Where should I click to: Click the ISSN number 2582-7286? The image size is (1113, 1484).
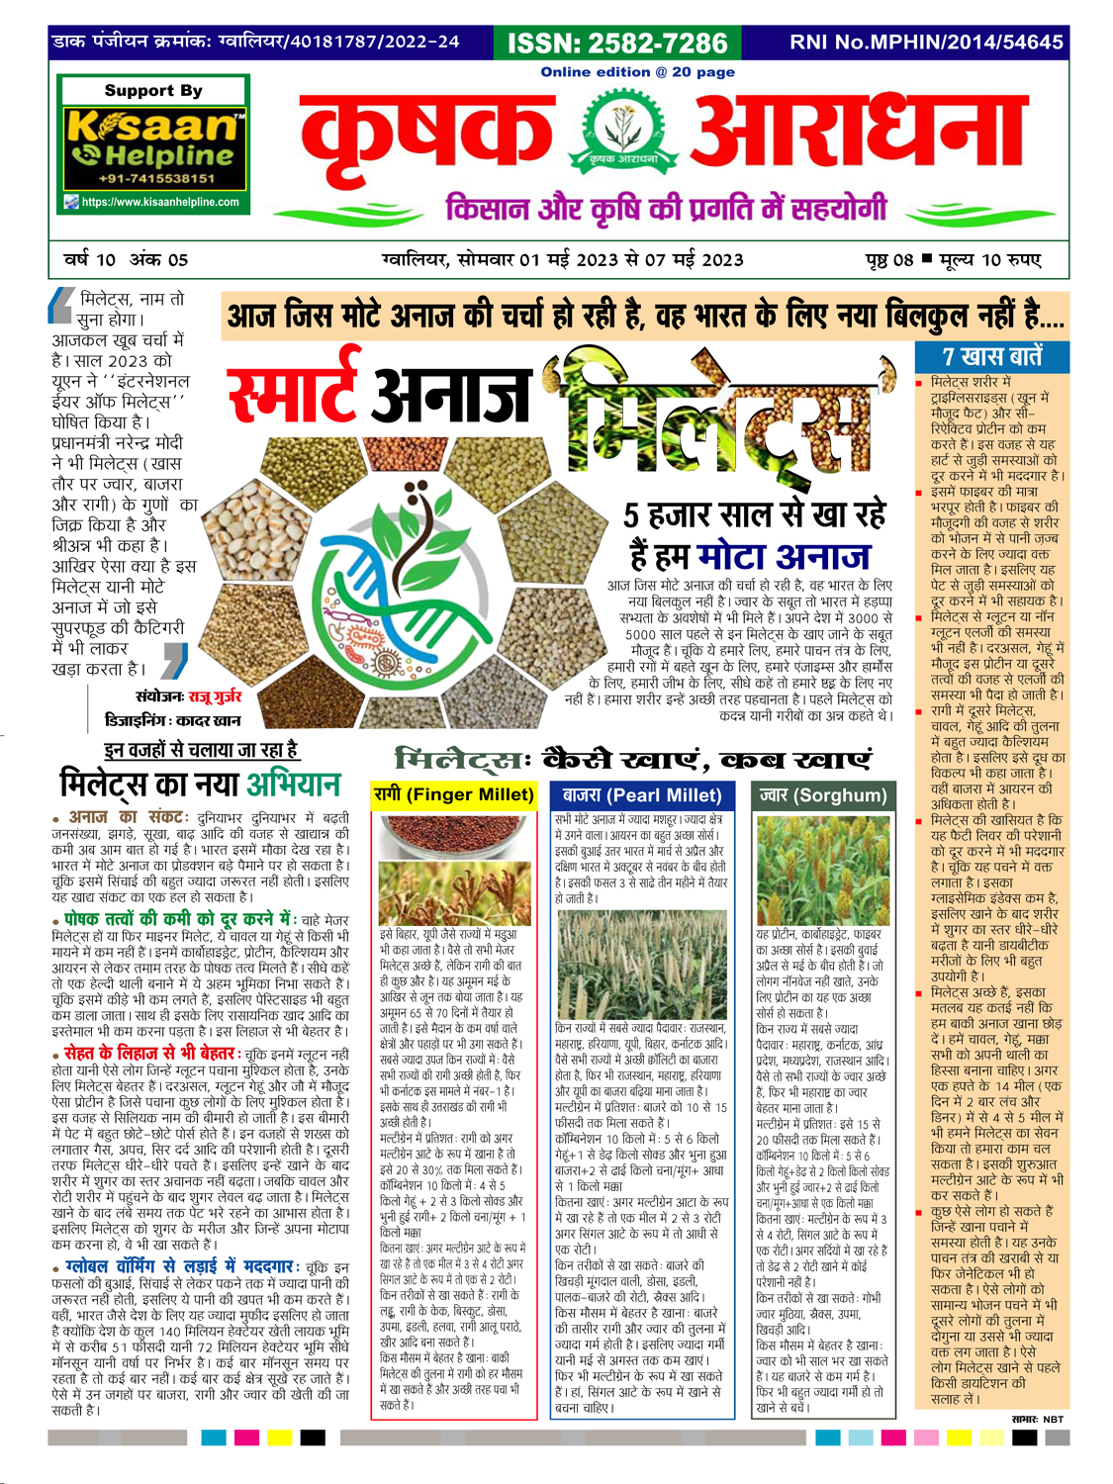click(x=617, y=43)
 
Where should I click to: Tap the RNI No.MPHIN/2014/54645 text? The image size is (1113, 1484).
click(x=926, y=42)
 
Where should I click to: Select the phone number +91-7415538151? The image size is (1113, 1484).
click(x=156, y=179)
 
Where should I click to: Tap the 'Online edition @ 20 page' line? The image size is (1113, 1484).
click(x=637, y=71)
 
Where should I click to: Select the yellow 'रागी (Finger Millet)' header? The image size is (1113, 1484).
click(x=454, y=794)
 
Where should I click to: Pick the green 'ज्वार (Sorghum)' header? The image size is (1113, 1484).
click(x=822, y=794)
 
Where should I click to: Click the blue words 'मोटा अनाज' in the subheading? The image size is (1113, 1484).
click(x=783, y=556)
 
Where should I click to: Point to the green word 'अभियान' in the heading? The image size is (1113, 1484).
click(x=293, y=785)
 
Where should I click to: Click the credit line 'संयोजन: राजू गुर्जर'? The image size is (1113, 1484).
click(x=188, y=696)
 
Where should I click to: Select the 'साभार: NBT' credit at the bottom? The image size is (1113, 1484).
click(x=1037, y=1419)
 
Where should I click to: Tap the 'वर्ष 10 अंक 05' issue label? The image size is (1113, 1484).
click(x=126, y=260)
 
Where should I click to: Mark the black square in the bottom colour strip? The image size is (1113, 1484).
click(x=313, y=1437)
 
